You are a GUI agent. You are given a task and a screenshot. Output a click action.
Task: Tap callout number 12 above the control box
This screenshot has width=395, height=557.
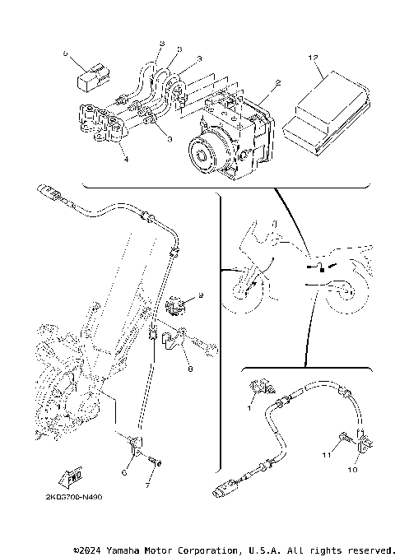[313, 58]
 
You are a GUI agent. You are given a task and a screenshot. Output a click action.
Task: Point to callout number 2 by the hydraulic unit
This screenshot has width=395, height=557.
[278, 83]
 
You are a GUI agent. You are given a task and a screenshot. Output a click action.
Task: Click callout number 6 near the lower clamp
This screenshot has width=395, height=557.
[124, 471]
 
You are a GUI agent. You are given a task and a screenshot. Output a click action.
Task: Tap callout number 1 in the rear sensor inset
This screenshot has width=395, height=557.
[250, 406]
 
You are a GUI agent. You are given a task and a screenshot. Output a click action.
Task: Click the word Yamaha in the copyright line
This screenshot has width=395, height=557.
[133, 549]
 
